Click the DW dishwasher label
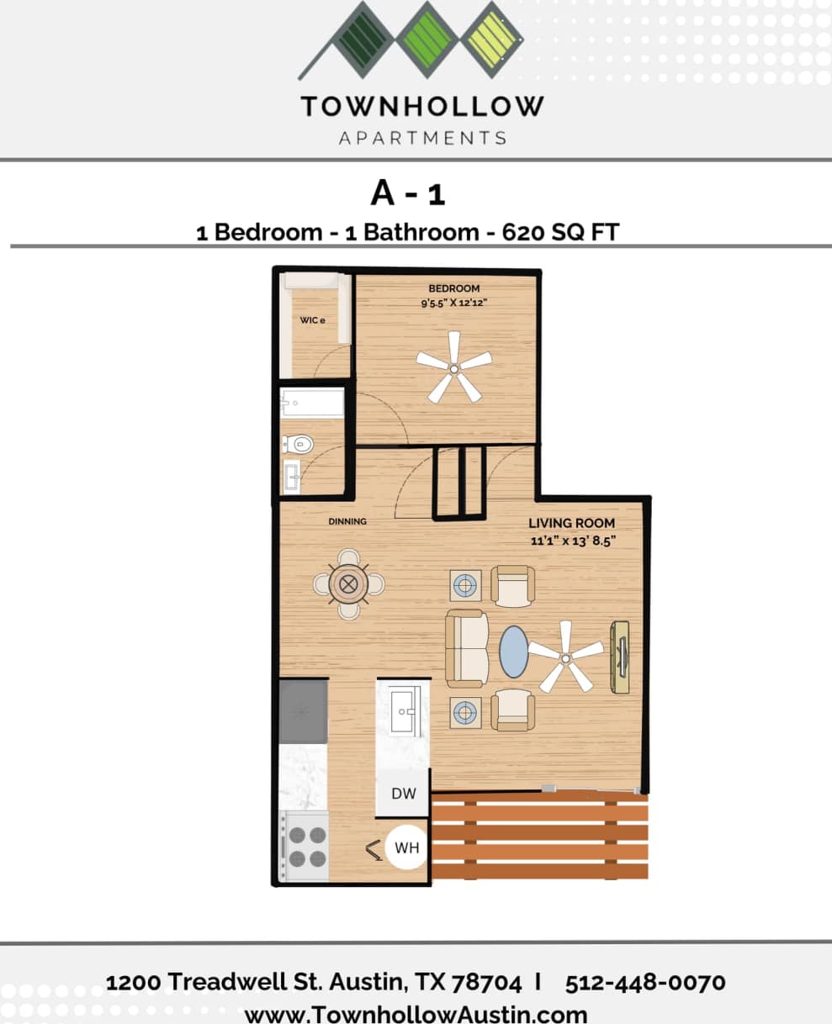(x=404, y=793)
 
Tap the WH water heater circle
(x=407, y=847)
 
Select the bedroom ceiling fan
(x=453, y=367)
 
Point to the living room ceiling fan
(x=565, y=657)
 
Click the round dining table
(x=349, y=583)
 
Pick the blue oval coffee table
(x=514, y=652)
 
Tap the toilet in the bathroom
(x=296, y=442)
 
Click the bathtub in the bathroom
(x=312, y=404)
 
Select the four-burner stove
(x=305, y=847)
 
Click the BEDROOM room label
(x=454, y=288)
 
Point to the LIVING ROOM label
(x=571, y=523)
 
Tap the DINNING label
(x=347, y=521)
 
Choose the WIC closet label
(x=312, y=320)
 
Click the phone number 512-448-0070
(x=645, y=982)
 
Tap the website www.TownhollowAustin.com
(x=416, y=1013)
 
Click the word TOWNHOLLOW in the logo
(x=422, y=107)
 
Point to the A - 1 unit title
(x=408, y=193)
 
